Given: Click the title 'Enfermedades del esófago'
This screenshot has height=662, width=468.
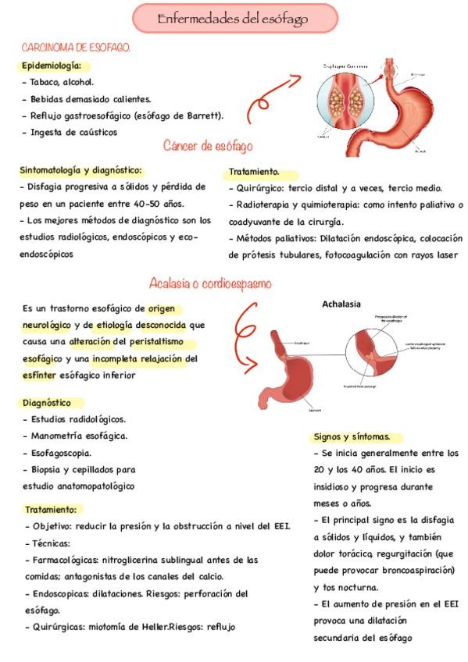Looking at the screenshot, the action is coord(233,18).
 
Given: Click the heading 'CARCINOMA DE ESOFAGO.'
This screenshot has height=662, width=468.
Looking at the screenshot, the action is coord(76,48).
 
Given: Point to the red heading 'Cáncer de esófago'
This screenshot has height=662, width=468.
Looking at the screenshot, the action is coord(208,146).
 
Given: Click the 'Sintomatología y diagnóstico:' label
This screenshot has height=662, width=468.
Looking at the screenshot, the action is coord(81,169).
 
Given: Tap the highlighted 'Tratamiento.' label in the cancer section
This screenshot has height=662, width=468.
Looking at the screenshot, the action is coord(255,172).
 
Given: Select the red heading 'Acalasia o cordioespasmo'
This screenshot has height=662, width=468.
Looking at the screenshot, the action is coord(210,283).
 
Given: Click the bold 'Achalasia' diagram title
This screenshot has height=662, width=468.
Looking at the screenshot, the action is coord(341,304).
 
